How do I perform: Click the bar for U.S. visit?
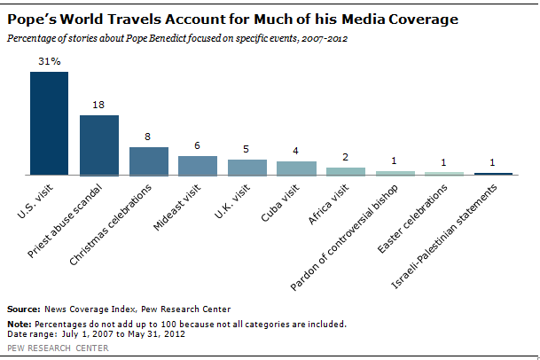point(49,123)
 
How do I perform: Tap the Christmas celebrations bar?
point(148,160)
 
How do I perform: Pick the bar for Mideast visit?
point(198,165)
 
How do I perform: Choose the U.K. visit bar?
point(247,167)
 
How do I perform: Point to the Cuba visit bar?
point(296,168)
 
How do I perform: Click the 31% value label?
point(50,61)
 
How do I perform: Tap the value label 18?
point(98,105)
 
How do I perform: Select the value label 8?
point(148,137)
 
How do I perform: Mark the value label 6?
point(198,145)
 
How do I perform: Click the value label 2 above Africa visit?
point(346,157)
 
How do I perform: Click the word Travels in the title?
point(145,18)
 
